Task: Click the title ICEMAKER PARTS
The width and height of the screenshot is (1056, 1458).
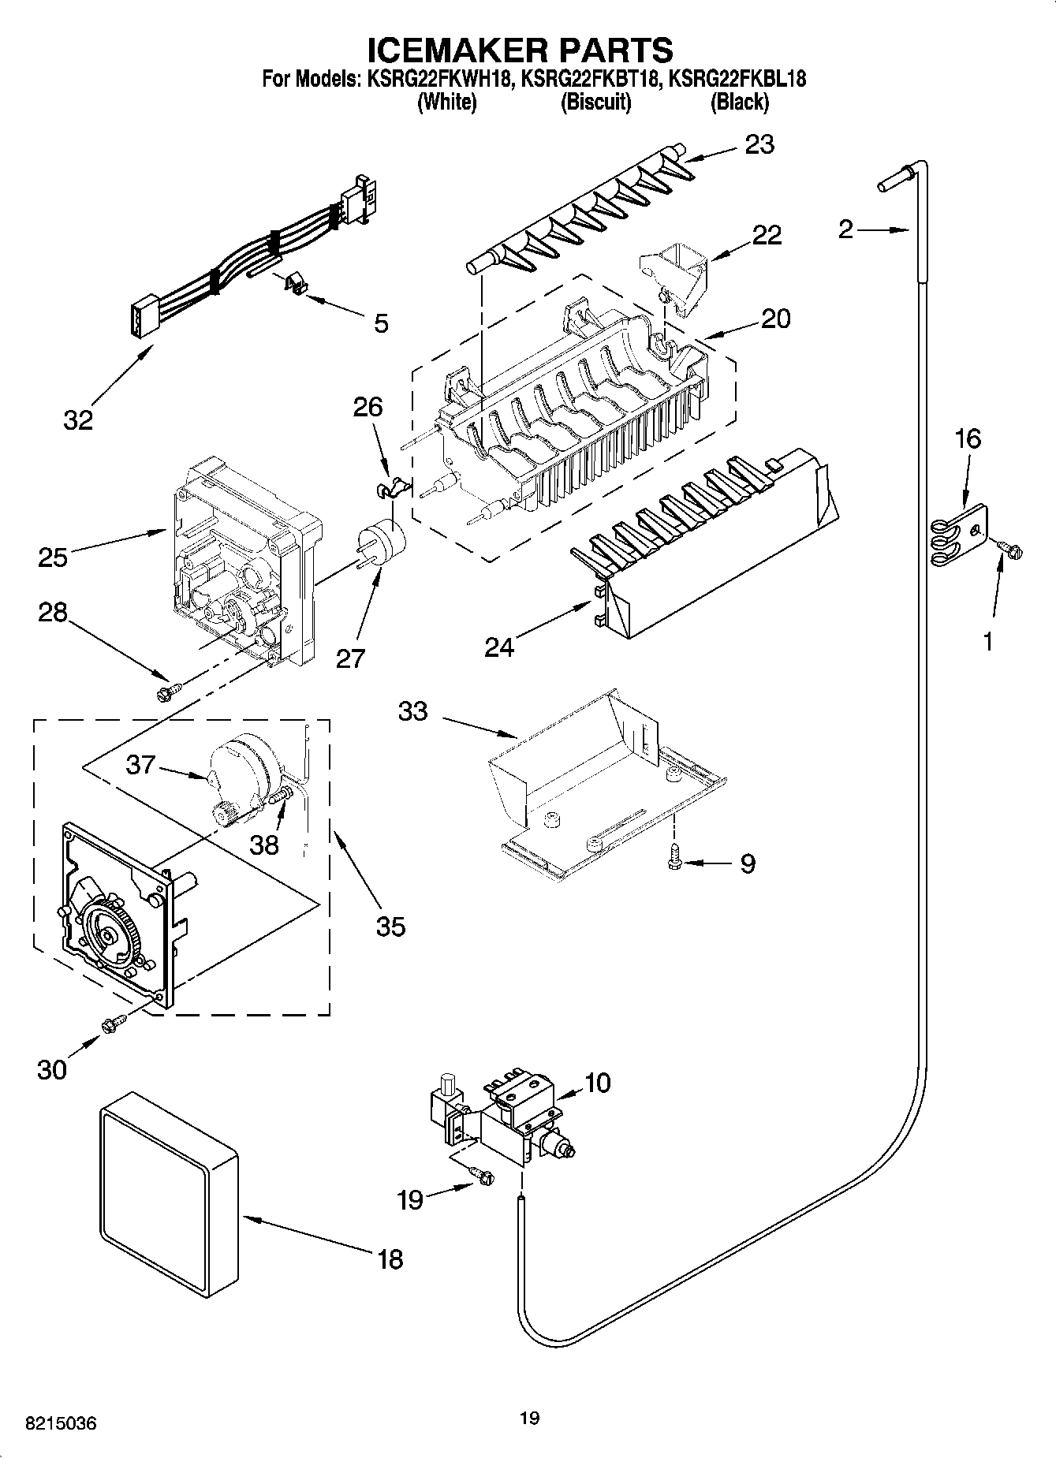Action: coord(521,50)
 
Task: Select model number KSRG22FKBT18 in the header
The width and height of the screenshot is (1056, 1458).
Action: coord(590,79)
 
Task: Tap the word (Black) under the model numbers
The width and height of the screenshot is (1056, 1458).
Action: coord(739,102)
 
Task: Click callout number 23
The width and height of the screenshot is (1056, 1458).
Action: coord(759,144)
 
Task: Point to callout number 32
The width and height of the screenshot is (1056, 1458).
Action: coord(78,420)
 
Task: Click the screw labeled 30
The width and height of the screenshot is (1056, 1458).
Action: coord(111,1024)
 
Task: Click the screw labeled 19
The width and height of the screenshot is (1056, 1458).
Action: coord(484,1176)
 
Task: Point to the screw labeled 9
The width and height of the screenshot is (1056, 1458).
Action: coord(674,856)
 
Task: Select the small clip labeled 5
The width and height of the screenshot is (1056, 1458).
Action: coord(294,283)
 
